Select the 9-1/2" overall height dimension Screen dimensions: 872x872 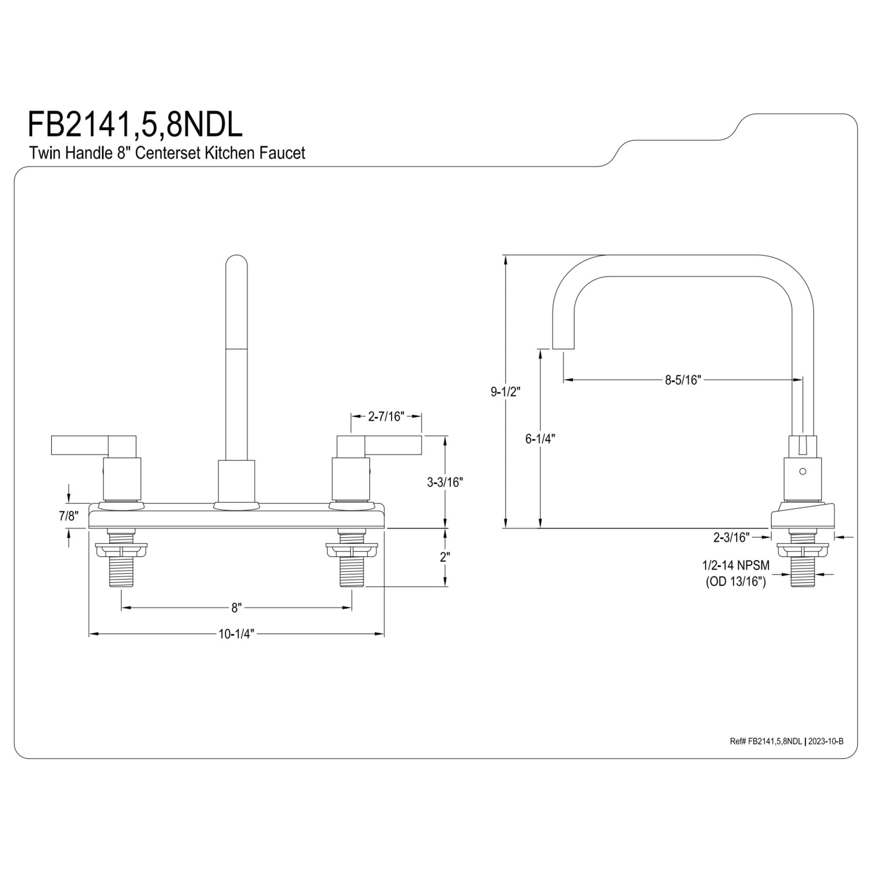click(x=505, y=392)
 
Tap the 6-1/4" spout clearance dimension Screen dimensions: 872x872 click(x=540, y=439)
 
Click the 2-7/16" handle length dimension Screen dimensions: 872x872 click(x=386, y=416)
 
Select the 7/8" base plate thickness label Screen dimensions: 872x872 click(x=68, y=516)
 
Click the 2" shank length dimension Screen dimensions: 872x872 click(x=445, y=557)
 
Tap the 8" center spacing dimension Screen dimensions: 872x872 click(x=236, y=608)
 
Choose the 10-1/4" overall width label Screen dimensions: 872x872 click(x=236, y=634)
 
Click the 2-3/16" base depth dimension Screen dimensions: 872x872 click(x=731, y=537)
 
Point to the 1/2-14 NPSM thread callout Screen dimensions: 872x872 click(x=736, y=565)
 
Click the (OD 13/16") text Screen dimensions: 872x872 click(x=736, y=582)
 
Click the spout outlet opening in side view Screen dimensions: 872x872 click(x=563, y=348)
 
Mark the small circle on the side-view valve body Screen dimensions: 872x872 click(x=803, y=471)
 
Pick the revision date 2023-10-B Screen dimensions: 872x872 click(x=825, y=742)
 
